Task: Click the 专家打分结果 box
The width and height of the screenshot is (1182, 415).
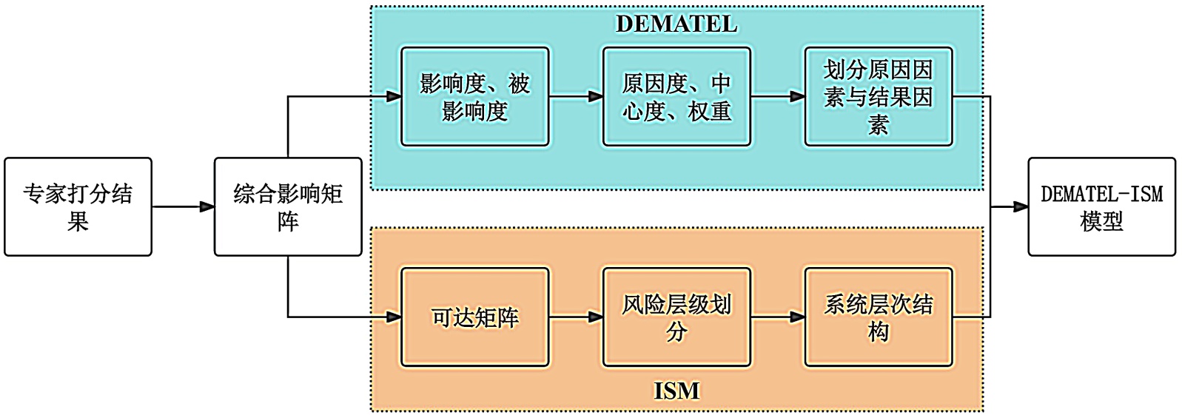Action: coord(78,207)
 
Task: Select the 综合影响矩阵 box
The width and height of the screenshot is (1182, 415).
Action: coord(288,207)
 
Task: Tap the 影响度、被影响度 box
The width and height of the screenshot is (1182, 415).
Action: coord(474,97)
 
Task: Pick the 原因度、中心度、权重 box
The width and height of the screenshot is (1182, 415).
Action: coord(676,97)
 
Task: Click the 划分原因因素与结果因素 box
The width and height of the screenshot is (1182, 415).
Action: coord(879,97)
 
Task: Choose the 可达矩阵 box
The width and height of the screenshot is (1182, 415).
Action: coord(474,317)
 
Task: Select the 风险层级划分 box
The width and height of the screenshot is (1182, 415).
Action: coord(676,317)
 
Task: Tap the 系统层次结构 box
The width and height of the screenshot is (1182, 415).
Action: coord(879,317)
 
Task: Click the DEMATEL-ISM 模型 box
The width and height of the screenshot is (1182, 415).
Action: coord(1101,207)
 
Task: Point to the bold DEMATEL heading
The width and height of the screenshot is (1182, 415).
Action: coord(676,24)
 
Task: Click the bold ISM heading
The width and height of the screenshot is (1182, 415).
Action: coord(676,391)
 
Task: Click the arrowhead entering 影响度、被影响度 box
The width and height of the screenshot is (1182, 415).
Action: coord(393,97)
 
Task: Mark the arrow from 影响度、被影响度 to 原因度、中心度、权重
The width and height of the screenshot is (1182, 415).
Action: coord(576,97)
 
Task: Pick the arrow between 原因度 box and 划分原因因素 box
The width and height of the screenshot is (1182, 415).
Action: coord(778,97)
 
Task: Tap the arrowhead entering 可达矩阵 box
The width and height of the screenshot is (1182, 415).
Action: coord(393,317)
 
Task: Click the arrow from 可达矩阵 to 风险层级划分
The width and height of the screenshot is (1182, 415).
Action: coord(576,317)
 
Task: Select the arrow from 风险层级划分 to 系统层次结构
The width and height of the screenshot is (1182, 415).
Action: coord(778,317)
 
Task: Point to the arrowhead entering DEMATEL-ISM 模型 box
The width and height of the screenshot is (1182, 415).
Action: coord(1020,207)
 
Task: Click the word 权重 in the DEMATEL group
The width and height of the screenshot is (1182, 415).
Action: coord(710,111)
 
